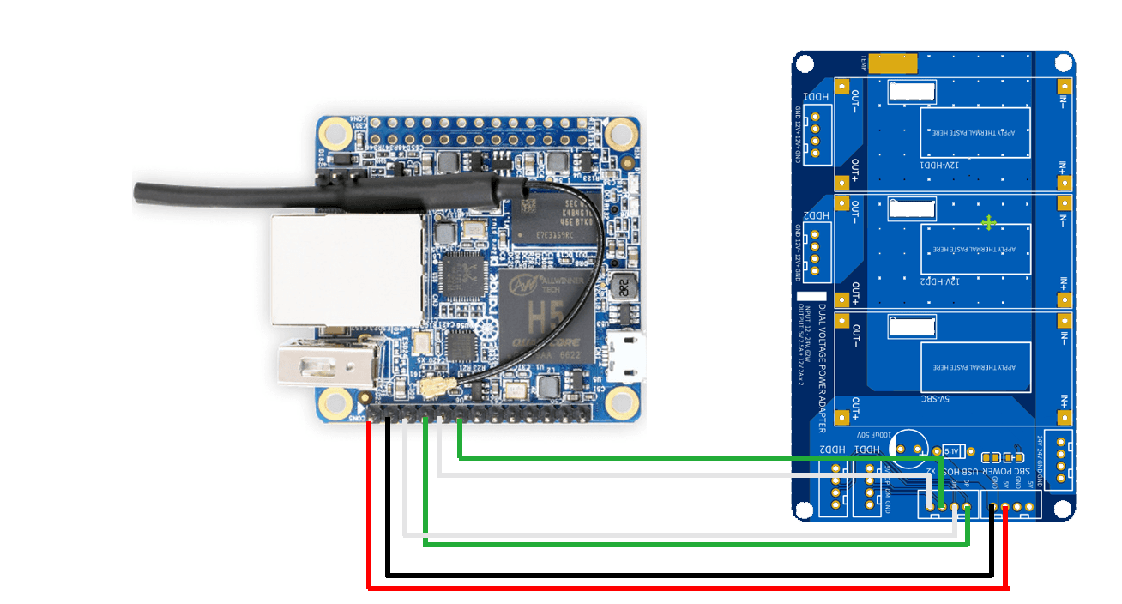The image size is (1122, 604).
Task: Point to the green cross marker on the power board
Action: coord(989,222)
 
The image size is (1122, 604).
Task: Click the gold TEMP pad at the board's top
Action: coord(893,63)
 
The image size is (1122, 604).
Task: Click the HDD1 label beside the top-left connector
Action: coord(816,100)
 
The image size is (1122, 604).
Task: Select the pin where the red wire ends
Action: coord(1004,508)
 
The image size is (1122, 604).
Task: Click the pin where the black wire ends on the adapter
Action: coord(992,508)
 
